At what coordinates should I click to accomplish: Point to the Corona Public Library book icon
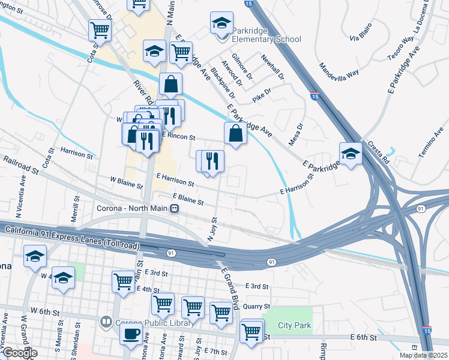coord(106,322)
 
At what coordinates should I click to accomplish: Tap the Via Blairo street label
coord(362,32)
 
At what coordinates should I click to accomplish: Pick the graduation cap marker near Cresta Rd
coord(351,154)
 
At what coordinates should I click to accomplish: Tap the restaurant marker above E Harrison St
coord(211,161)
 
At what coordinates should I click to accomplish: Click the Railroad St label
coord(20,165)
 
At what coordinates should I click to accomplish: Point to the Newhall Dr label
coord(271,67)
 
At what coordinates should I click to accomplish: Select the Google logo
coord(19,353)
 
